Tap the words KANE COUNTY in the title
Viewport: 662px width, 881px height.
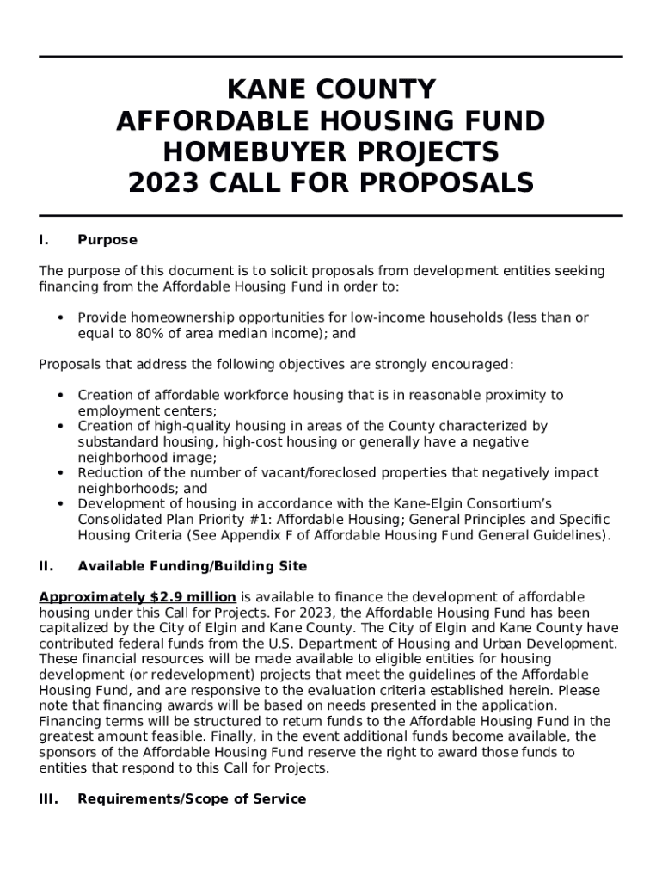tap(331, 90)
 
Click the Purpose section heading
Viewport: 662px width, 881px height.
tap(107, 240)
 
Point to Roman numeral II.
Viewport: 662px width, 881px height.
tap(46, 566)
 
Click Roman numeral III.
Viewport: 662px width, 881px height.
tap(48, 798)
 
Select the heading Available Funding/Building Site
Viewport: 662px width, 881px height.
tap(192, 566)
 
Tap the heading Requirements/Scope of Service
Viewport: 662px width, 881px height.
tap(192, 798)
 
